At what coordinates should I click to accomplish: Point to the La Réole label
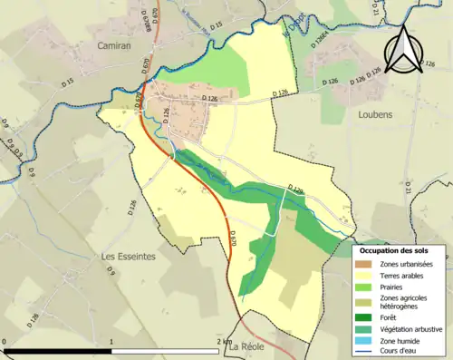(x=246, y=346)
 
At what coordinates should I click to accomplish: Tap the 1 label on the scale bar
(x=111, y=341)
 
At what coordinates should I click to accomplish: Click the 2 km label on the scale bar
(x=223, y=341)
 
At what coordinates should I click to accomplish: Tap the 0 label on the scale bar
(x=5, y=341)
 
